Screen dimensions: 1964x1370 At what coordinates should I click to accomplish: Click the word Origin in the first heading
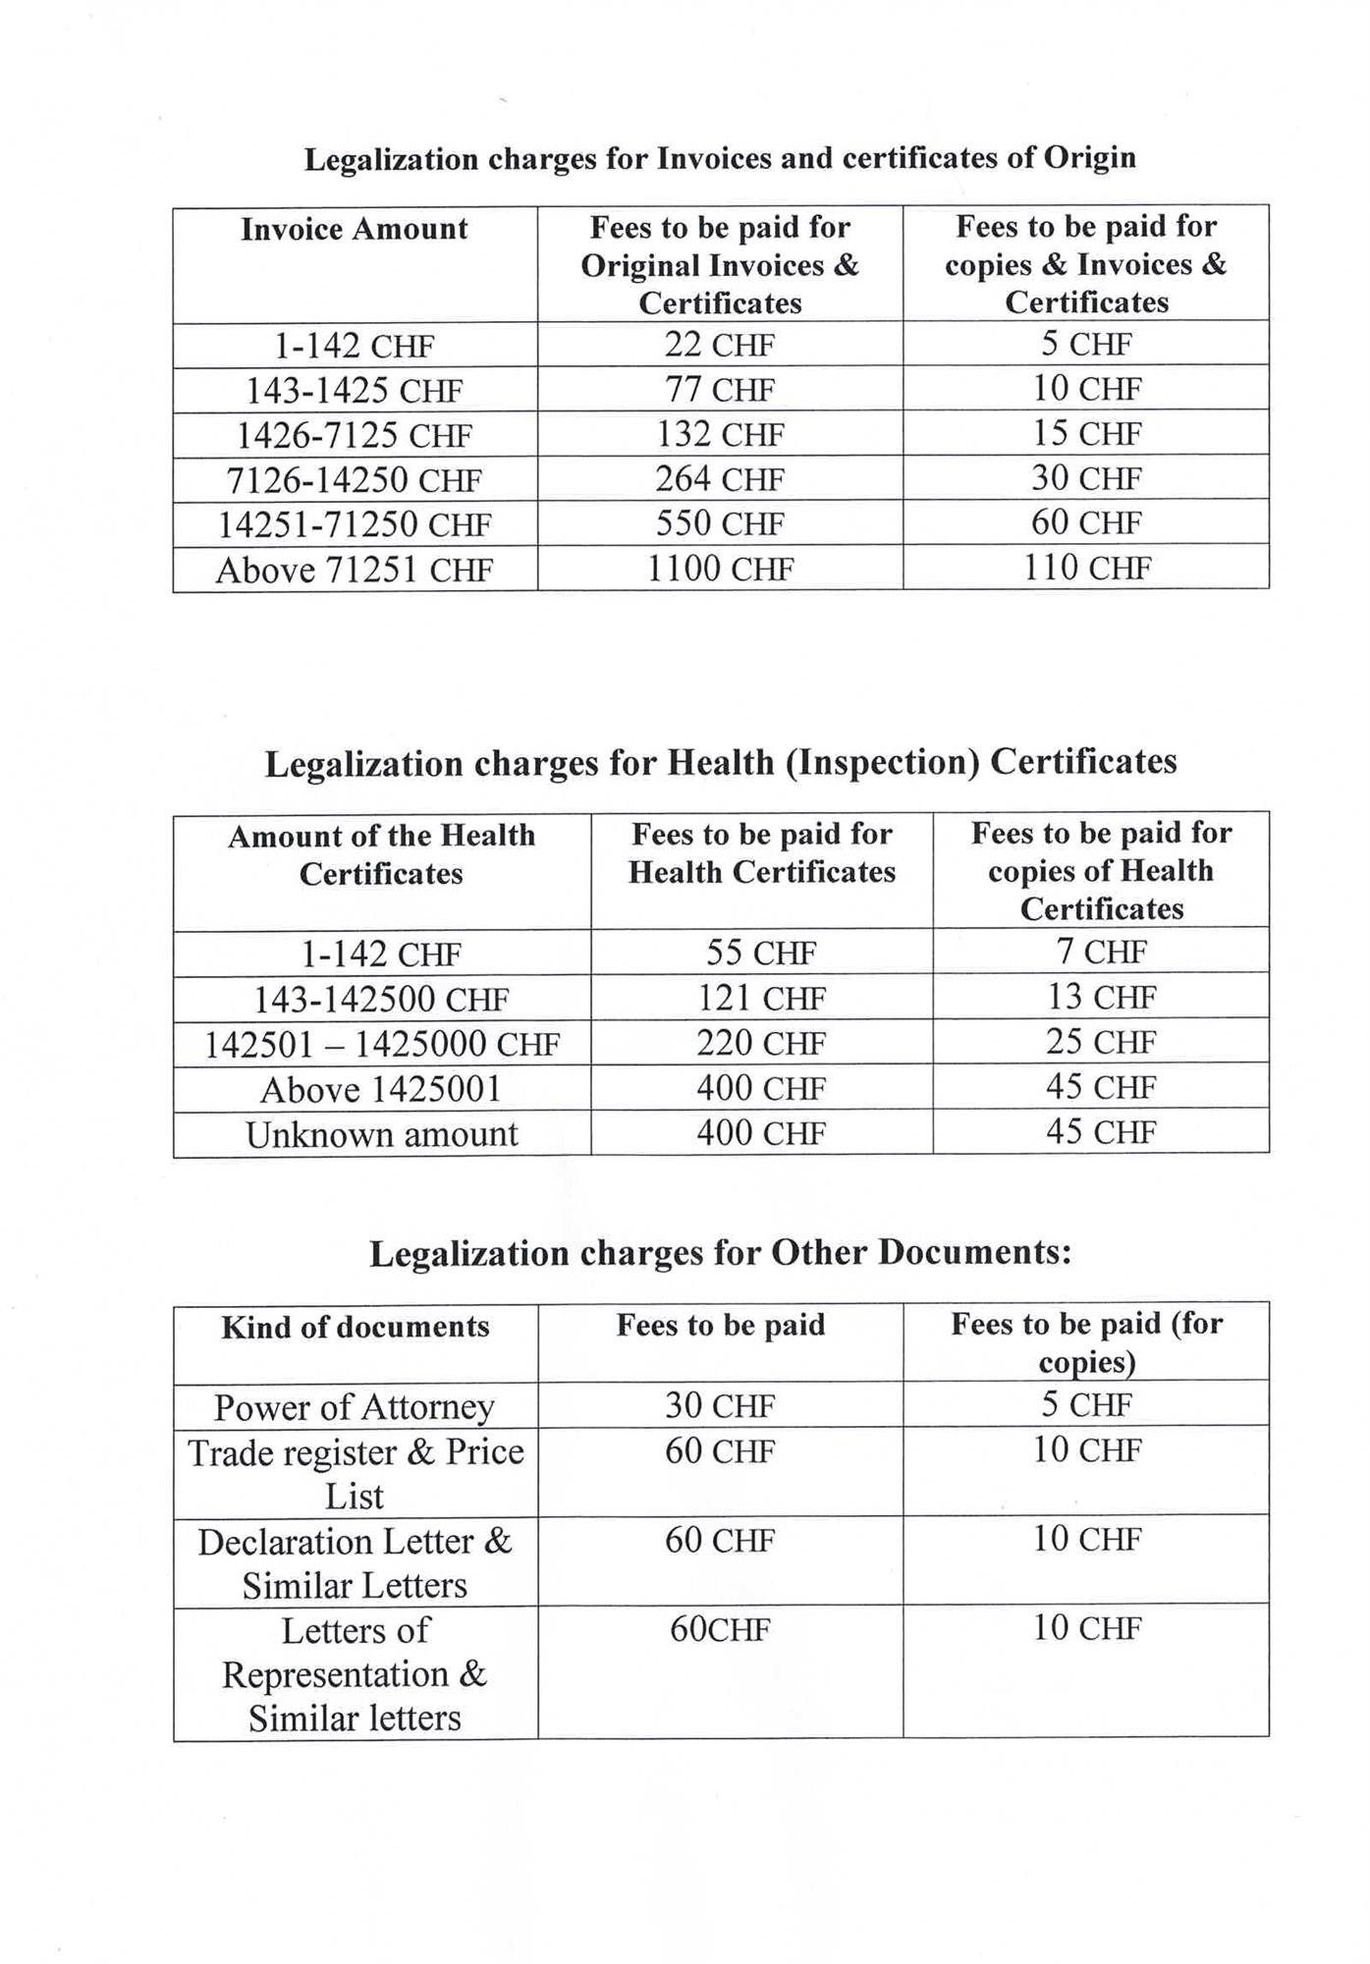tap(1089, 159)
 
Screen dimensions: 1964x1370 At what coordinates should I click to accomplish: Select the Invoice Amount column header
tap(355, 230)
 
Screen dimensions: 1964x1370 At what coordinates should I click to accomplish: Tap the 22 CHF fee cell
tap(720, 346)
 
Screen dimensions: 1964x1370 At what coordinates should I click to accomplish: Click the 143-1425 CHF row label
tap(355, 391)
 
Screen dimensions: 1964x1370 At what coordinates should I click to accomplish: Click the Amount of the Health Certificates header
tap(382, 854)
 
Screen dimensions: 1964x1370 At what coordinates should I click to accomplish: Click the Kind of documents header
tap(355, 1328)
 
